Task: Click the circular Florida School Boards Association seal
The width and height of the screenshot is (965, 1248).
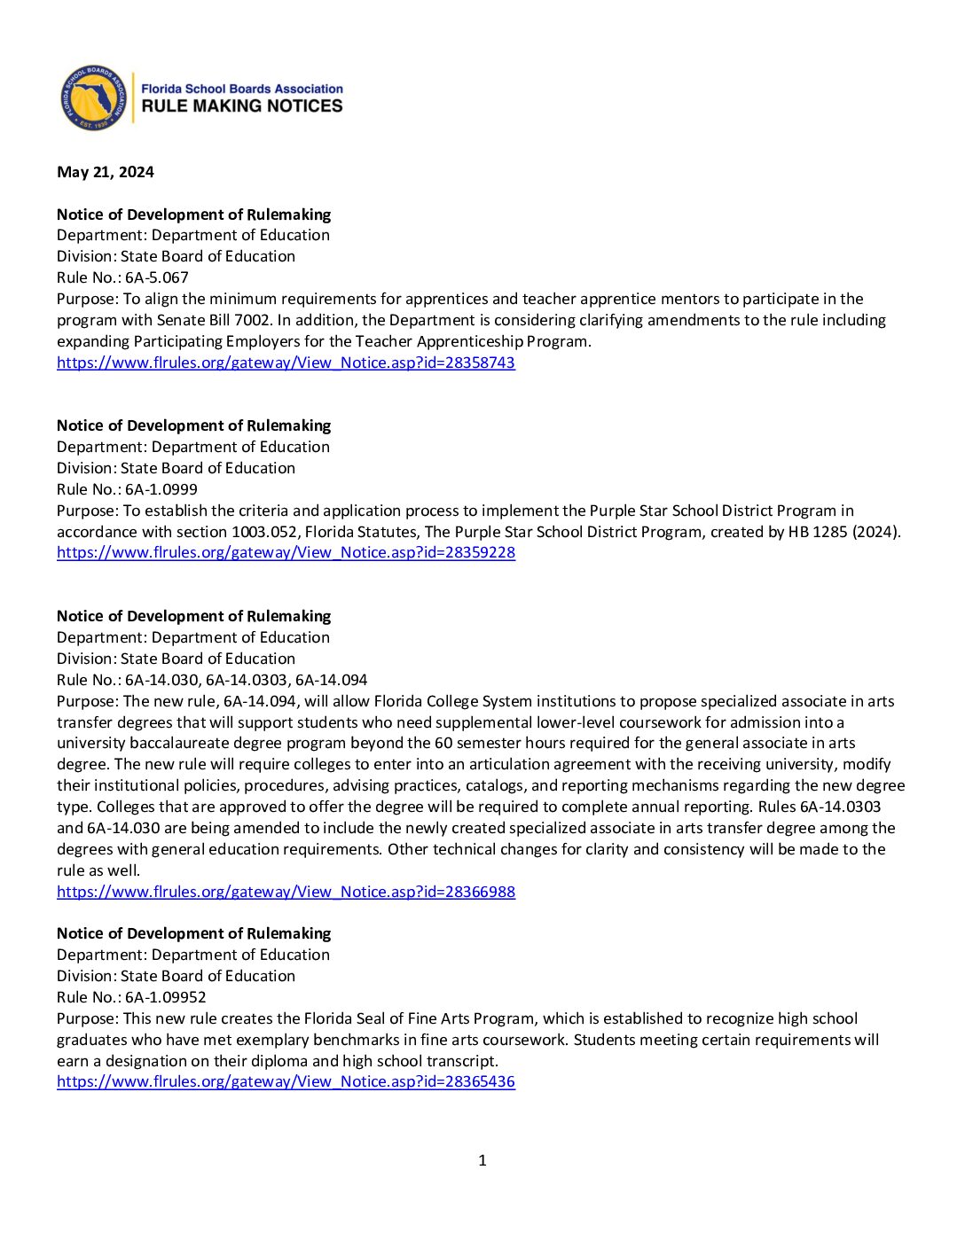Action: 93,97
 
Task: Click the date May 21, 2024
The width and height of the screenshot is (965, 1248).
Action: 105,172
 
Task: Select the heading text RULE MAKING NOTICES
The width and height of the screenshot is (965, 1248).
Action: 242,106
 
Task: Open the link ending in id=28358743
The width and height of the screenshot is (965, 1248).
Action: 286,363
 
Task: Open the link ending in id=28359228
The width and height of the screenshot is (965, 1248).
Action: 286,552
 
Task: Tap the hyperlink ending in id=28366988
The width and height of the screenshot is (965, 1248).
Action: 286,892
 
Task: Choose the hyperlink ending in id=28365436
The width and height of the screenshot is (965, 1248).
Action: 286,1081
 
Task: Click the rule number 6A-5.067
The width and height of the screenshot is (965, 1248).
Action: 157,277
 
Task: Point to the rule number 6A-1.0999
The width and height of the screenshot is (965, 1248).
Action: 161,489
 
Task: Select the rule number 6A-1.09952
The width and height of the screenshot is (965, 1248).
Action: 166,997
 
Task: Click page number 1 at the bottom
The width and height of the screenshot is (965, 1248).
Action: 482,1160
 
